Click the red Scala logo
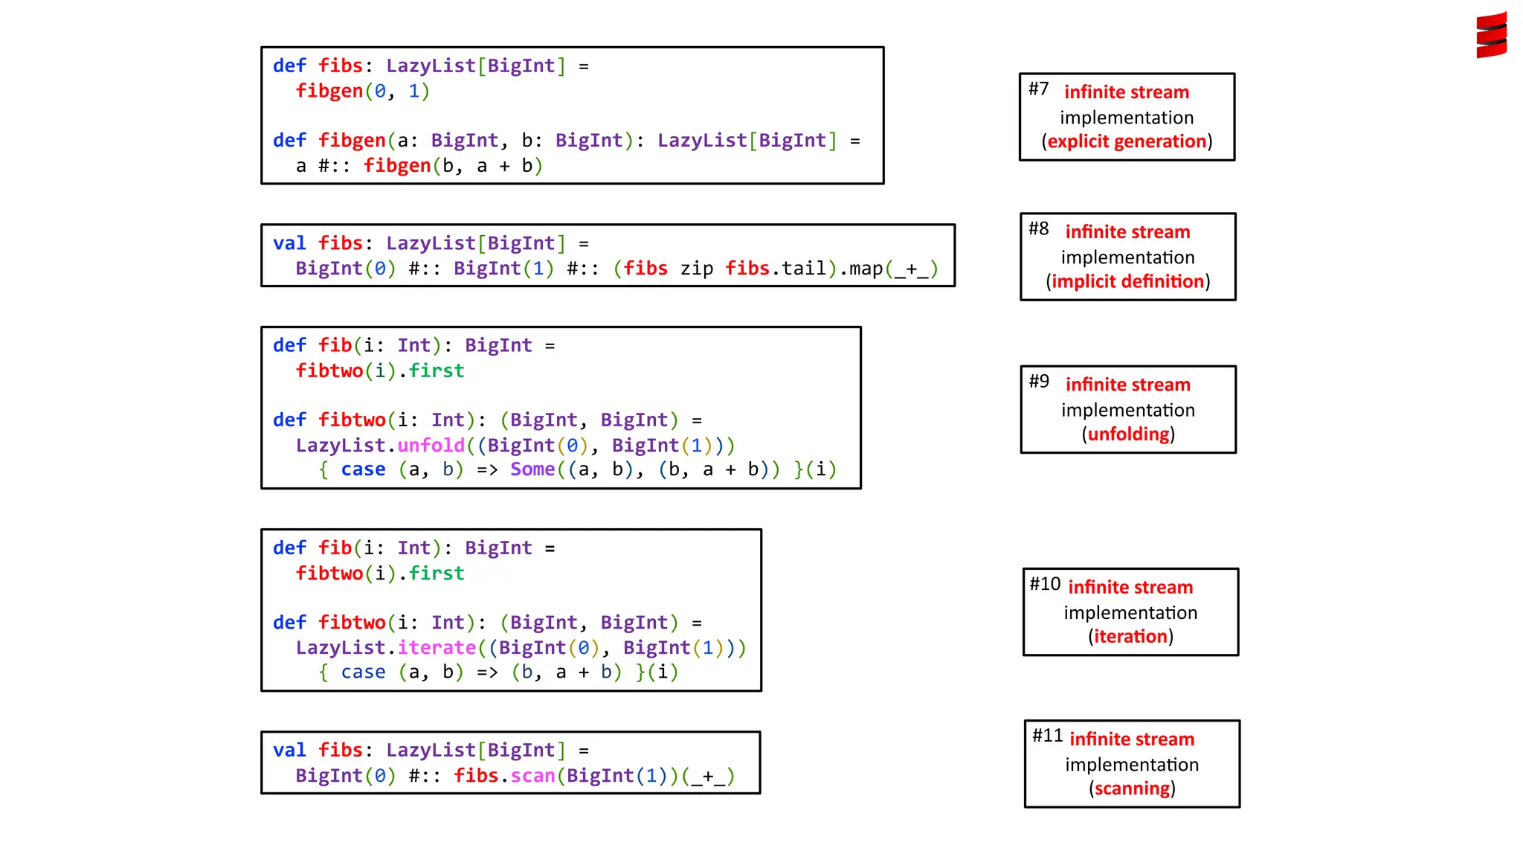pos(1491,35)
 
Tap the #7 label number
pos(1038,89)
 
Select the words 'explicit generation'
pos(1127,141)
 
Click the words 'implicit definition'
pos(1127,281)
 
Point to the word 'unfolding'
pos(1128,434)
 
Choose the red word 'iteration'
pos(1130,636)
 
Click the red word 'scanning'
pos(1132,788)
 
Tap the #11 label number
pos(1047,736)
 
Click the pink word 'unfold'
pos(431,445)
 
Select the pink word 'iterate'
pos(436,647)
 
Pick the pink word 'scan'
pos(532,775)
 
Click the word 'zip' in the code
pos(696,268)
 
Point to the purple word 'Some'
pos(532,469)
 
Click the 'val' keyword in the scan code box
pos(289,750)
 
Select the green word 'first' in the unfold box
pos(437,370)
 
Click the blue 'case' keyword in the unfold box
pos(363,469)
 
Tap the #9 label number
pos(1039,382)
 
